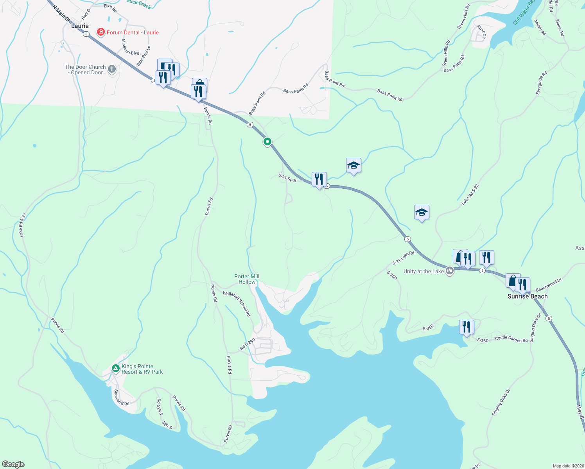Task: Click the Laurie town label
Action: pos(80,26)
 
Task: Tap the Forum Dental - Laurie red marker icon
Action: pos(100,32)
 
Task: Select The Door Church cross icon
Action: pos(112,70)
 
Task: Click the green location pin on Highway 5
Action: pos(267,141)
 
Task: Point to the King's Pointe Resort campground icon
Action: pos(115,368)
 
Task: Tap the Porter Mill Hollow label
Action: pos(247,279)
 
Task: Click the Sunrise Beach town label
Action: pos(528,296)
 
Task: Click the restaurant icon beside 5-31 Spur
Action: pos(319,179)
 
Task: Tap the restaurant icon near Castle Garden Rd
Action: pos(466,327)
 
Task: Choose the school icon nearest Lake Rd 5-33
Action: pos(422,212)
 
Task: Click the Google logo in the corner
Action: pos(13,464)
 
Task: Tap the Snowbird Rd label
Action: pos(121,397)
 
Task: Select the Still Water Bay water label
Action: pos(524,13)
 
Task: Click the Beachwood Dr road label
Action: pos(549,285)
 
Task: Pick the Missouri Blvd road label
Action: pos(130,47)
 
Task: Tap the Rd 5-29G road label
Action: pos(248,344)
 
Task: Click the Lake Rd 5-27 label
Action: pos(23,225)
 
